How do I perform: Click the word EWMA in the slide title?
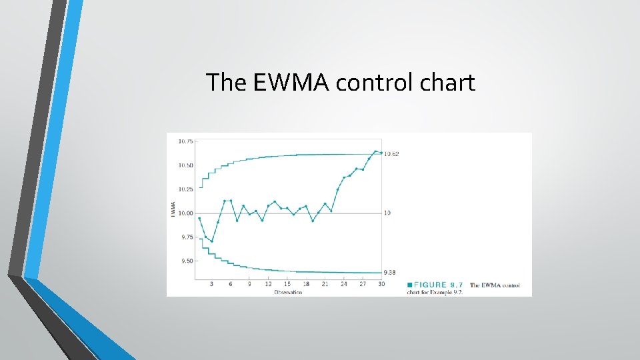point(291,83)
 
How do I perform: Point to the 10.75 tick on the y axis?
point(185,141)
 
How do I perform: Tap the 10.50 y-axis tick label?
point(185,165)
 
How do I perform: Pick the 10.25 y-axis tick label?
point(185,189)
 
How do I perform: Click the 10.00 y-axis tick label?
point(185,213)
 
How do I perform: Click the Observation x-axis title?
point(287,292)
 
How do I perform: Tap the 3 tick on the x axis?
point(212,284)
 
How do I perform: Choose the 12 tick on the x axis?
point(268,284)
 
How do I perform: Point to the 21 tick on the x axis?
point(325,284)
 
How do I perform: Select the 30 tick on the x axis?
point(381,284)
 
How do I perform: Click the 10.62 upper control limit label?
point(391,154)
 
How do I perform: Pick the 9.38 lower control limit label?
point(390,273)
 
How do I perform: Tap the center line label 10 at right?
point(387,213)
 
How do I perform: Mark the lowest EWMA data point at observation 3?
point(212,241)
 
